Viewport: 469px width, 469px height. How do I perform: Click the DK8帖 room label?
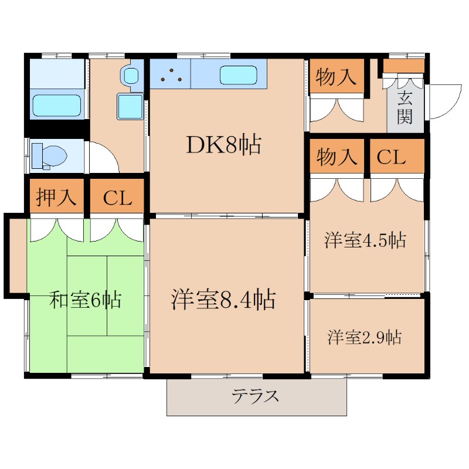(x=224, y=145)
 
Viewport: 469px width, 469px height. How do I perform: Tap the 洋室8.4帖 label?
(x=223, y=299)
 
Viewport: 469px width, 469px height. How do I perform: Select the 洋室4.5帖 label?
(x=365, y=240)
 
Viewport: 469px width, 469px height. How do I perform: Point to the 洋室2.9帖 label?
(x=364, y=337)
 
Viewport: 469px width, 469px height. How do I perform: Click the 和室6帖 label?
(x=86, y=300)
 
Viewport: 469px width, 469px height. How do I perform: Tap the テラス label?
(x=255, y=396)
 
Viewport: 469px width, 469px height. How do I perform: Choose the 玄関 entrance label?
(x=405, y=108)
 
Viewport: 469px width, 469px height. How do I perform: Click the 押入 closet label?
(x=56, y=197)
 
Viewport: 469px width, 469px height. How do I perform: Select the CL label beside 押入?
(x=118, y=198)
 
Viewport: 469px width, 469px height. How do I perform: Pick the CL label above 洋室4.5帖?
(x=391, y=157)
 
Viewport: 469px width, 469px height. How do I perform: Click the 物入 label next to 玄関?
(x=336, y=77)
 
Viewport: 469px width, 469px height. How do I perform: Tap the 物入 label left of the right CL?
(x=337, y=157)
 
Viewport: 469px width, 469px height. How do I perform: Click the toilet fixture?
(x=49, y=156)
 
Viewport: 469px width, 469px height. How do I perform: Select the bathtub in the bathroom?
(x=56, y=106)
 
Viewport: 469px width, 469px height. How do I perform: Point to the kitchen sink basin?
(x=239, y=75)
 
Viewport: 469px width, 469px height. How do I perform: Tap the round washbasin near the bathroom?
(x=131, y=76)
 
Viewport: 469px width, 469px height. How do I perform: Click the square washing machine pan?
(x=130, y=106)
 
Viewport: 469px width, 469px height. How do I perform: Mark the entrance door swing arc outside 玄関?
(x=448, y=104)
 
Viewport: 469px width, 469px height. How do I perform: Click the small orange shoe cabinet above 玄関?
(x=404, y=66)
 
